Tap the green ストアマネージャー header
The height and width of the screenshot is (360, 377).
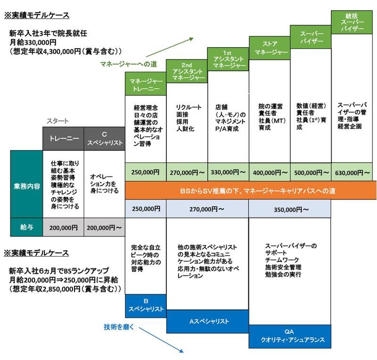(269, 48)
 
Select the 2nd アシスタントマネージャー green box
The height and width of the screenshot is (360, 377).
(187, 71)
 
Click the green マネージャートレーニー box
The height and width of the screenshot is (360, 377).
(146, 84)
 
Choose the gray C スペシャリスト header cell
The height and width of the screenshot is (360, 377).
(104, 138)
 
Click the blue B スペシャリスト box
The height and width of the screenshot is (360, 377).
(146, 306)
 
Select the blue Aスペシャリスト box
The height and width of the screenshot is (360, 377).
(207, 321)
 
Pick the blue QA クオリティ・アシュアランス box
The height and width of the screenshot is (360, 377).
(290, 336)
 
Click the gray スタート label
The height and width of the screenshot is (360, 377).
(57, 121)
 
